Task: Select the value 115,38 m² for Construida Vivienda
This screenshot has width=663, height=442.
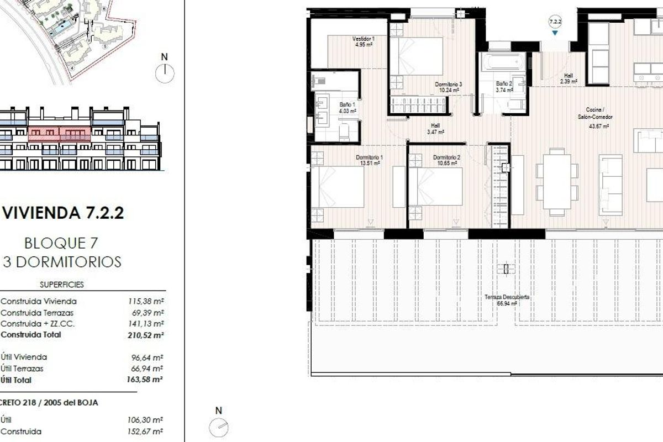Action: [x=146, y=302]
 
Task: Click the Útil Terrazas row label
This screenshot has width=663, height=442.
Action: [x=23, y=369]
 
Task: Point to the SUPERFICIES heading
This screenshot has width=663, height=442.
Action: [x=62, y=285]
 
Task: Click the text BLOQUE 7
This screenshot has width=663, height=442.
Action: [x=61, y=243]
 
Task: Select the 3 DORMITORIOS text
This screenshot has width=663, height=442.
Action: [x=62, y=261]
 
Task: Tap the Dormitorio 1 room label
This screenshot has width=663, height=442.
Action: [x=369, y=157]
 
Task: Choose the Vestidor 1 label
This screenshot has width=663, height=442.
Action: [x=364, y=39]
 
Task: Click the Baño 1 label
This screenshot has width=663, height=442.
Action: [x=347, y=104]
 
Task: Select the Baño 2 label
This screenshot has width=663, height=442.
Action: [x=503, y=83]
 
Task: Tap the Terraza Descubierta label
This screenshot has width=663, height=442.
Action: [x=507, y=297]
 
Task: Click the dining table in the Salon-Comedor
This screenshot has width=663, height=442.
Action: [x=557, y=182]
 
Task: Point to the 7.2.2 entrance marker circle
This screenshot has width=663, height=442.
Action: [x=555, y=22]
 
